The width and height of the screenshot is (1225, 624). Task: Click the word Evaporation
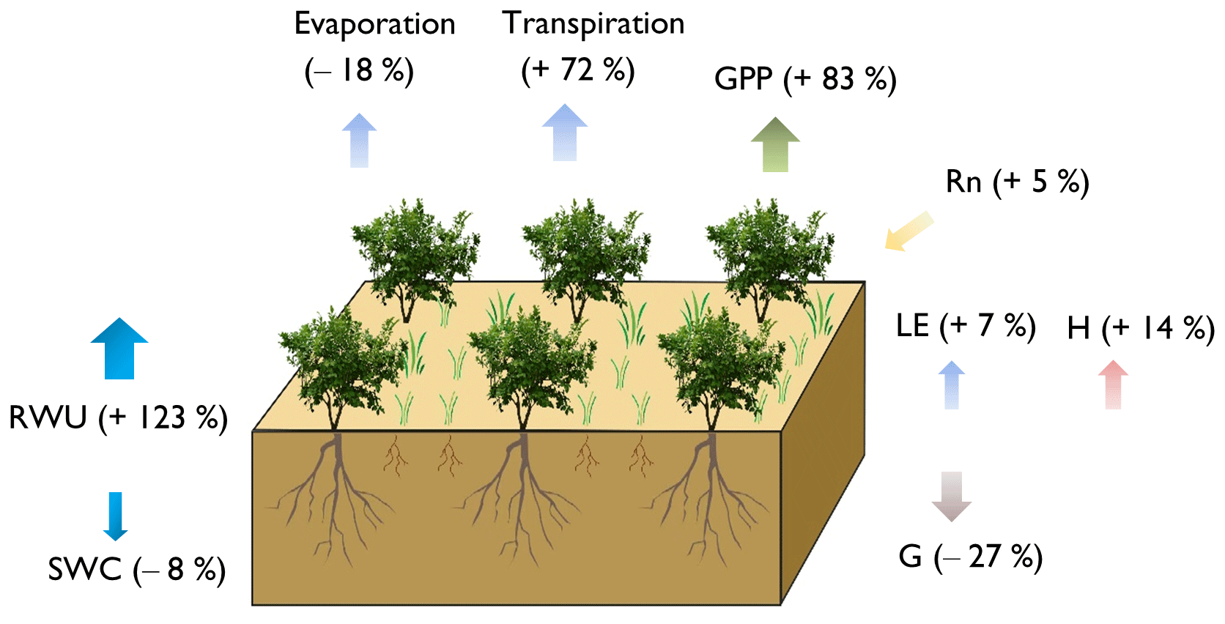[x=374, y=25]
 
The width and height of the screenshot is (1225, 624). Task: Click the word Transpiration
[x=593, y=24]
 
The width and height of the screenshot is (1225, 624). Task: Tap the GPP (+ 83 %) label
[x=804, y=79]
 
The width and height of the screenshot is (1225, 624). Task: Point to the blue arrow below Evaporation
[x=359, y=140]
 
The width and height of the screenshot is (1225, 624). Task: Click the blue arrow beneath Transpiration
[x=565, y=133]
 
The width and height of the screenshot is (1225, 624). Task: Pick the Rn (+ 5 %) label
[x=1017, y=182]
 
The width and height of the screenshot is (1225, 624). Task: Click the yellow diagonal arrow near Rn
[x=908, y=231]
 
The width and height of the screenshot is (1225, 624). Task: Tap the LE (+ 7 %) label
[x=965, y=326]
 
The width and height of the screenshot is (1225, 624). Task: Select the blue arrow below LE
[x=952, y=385]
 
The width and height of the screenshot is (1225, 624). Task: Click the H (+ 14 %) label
[x=1140, y=328]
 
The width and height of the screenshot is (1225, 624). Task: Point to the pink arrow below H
[x=1113, y=385]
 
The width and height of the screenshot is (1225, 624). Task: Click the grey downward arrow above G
[x=952, y=497]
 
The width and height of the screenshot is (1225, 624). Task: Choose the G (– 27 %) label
[x=970, y=557]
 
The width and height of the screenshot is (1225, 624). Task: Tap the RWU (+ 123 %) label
[x=118, y=418]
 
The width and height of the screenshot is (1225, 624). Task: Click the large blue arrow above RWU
[x=119, y=349]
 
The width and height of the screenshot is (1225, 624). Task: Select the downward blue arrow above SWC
[x=115, y=516]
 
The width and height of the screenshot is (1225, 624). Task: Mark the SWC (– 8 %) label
[x=136, y=570]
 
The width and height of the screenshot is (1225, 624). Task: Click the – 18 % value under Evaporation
[x=359, y=71]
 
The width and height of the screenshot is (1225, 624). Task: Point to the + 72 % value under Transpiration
[x=577, y=70]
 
